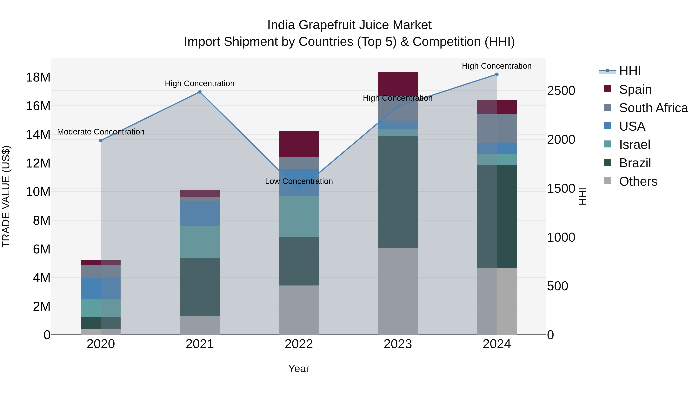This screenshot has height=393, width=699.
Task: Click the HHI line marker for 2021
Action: point(200,92)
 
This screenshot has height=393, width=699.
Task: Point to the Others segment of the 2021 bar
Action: point(200,325)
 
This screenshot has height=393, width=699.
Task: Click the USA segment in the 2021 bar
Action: point(200,213)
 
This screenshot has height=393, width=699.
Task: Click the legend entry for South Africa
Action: point(653,108)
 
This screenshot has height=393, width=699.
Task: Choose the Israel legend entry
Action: point(634,145)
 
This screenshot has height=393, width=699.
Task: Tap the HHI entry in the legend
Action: point(629,71)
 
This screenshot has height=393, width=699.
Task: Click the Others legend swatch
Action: point(608,181)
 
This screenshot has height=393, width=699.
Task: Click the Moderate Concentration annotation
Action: point(101,132)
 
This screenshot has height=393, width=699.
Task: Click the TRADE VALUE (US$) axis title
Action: point(6,196)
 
